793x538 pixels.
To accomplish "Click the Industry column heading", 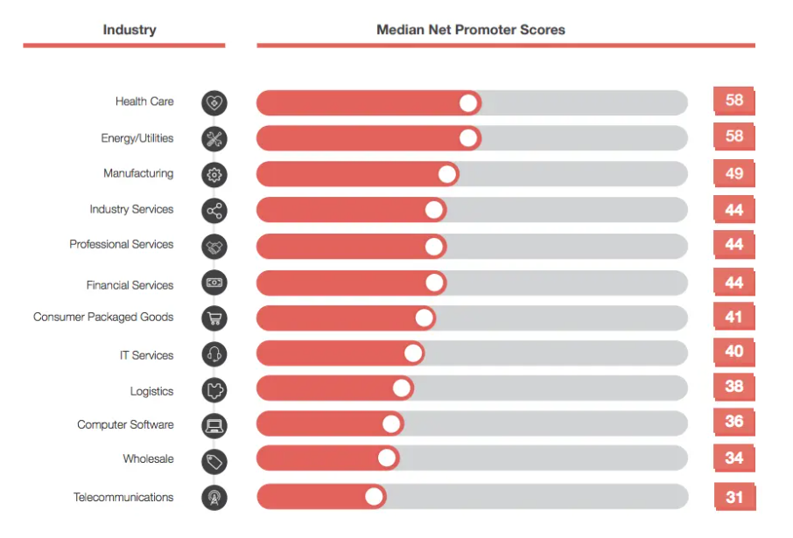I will pos(130,30).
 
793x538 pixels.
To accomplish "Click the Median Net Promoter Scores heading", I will pos(470,30).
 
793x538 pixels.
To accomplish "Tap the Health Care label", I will pos(144,101).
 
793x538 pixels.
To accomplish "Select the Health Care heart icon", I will pos(214,102).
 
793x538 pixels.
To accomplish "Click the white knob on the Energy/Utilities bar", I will pos(468,138).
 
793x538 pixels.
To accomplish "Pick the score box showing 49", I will pos(733,173).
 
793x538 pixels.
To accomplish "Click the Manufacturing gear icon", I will pos(214,174).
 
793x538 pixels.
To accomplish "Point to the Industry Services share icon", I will pos(214,210).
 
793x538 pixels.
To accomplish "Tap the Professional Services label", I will pos(122,244).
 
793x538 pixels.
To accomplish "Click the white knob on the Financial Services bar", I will pos(434,283).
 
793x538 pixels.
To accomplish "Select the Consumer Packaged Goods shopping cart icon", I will pos(214,318).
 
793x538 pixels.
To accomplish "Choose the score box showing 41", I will pos(733,317).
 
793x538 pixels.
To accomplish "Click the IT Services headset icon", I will pos(214,354).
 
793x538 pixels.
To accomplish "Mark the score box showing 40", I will pos(733,352).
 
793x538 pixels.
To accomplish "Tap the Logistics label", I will pos(151,391).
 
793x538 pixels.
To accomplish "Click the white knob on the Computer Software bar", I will pos(391,423).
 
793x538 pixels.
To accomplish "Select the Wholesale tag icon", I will pos(214,460).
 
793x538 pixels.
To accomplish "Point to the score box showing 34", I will pos(733,458).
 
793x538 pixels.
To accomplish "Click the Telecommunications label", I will pos(123,497).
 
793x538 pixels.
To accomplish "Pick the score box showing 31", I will pos(733,497).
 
